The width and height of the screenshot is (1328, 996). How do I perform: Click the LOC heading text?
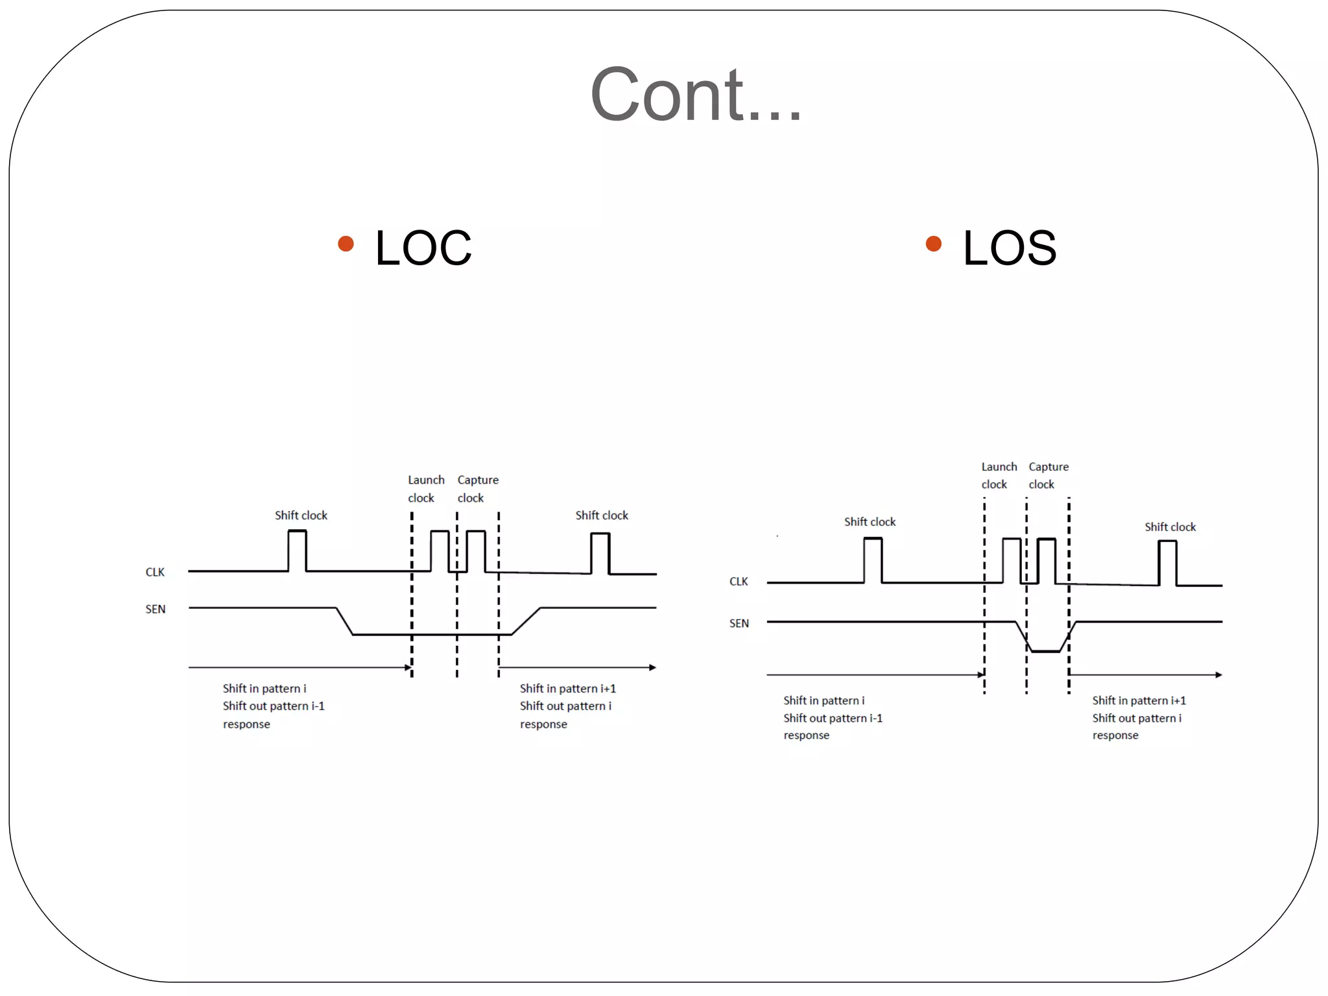click(x=423, y=248)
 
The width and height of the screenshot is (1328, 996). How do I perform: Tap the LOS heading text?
click(x=1009, y=248)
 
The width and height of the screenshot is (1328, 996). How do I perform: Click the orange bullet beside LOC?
click(x=346, y=244)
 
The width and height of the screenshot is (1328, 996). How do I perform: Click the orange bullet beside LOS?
click(x=933, y=244)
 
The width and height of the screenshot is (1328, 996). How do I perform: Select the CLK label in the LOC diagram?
click(x=155, y=572)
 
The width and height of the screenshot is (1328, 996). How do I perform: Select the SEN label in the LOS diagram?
click(x=739, y=623)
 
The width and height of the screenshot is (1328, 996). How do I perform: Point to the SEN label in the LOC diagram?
click(x=155, y=609)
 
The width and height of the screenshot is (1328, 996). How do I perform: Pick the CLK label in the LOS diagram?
click(x=739, y=581)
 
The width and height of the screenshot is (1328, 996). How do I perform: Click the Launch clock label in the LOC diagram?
click(x=425, y=489)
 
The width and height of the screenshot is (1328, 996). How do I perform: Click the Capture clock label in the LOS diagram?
click(x=1048, y=475)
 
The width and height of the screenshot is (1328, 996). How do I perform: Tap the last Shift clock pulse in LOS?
click(x=1167, y=562)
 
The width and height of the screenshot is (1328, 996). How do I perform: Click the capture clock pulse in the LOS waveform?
click(x=1046, y=560)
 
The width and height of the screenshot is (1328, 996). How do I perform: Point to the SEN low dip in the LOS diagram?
click(x=1045, y=649)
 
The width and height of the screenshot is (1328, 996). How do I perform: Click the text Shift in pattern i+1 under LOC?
click(x=567, y=689)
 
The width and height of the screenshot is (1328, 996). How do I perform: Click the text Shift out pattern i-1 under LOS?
click(x=833, y=718)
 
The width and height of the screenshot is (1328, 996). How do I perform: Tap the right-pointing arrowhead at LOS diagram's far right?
click(x=1218, y=675)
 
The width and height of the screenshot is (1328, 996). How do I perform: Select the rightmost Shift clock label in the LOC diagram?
click(x=601, y=516)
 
